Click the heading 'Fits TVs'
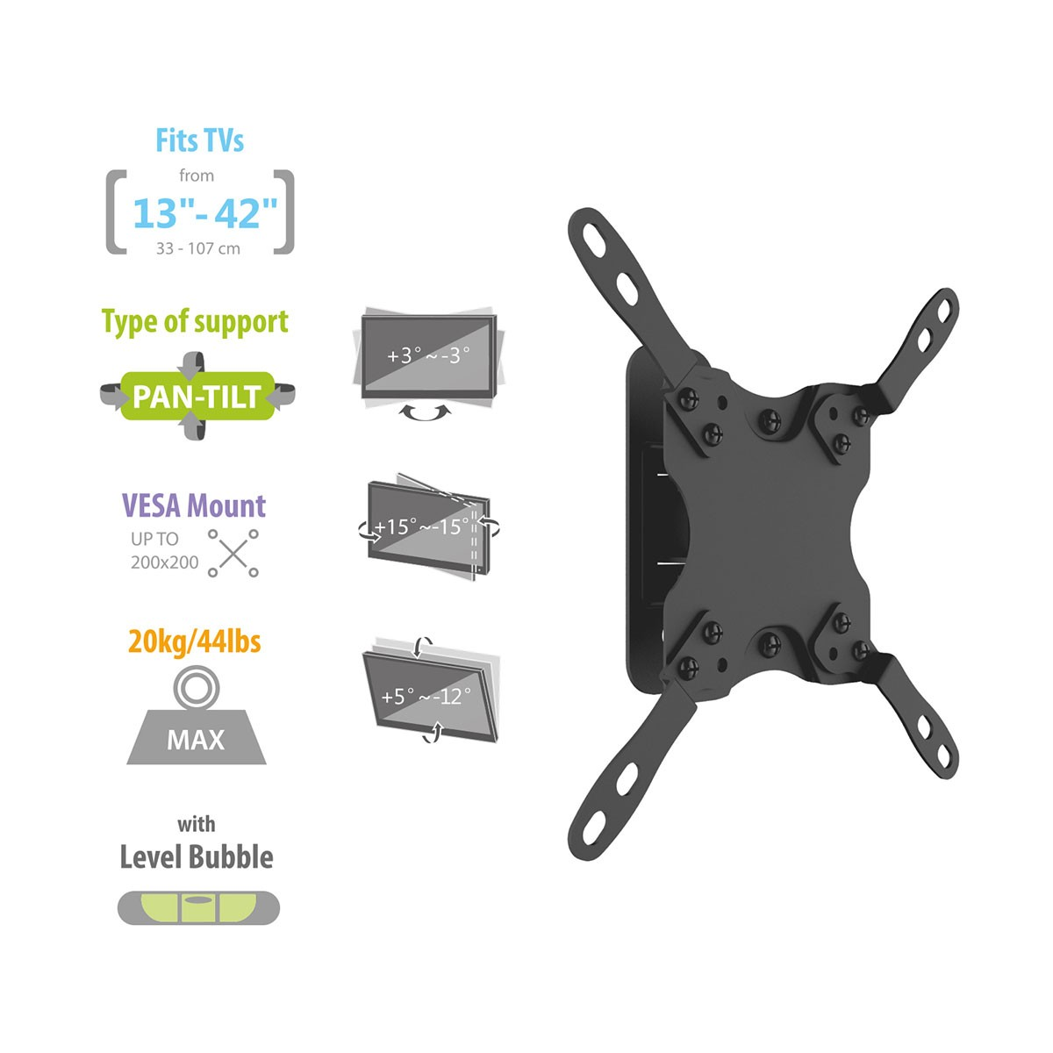(x=199, y=140)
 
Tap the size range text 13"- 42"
(x=205, y=213)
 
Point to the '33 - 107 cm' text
(x=197, y=248)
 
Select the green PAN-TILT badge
(x=197, y=396)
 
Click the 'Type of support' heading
(x=195, y=322)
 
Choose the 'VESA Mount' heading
(x=193, y=505)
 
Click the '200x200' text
(x=164, y=562)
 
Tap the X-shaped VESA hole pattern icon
(x=233, y=553)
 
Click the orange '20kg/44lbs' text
(x=195, y=641)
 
